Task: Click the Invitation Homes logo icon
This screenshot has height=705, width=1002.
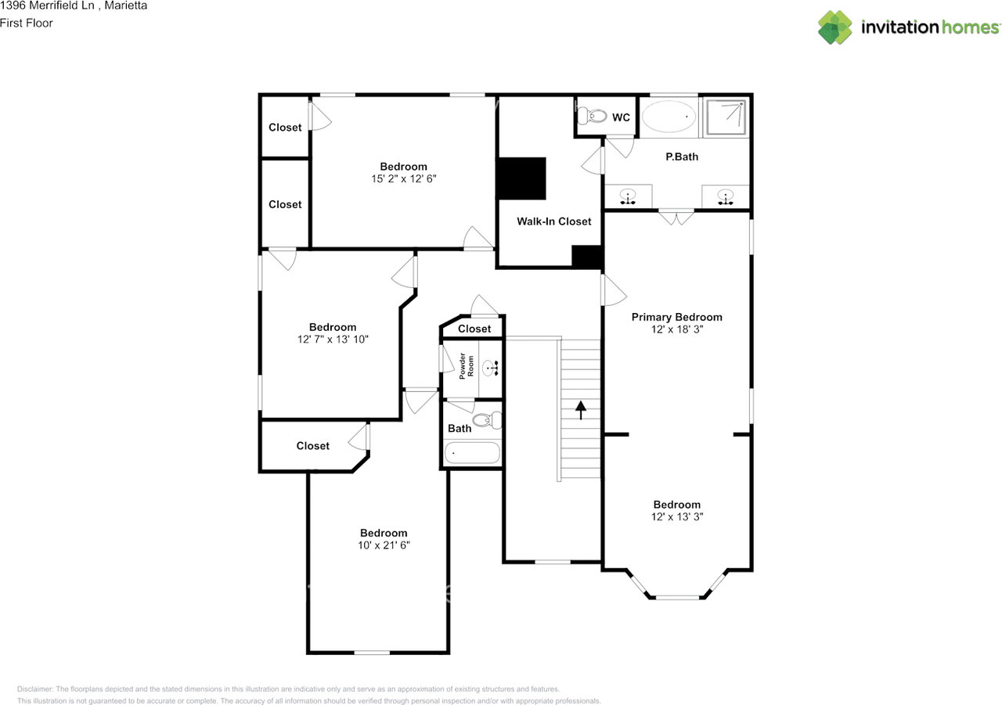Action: pos(835,27)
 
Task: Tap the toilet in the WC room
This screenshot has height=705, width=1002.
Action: pos(593,117)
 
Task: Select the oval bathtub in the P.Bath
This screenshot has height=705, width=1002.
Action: pos(669,117)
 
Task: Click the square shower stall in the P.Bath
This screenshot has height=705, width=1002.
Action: pos(726,117)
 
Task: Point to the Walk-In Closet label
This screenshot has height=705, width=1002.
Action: pos(553,221)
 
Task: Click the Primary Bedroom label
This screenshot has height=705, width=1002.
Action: pos(676,317)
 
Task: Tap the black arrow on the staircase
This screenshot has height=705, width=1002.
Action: pos(581,410)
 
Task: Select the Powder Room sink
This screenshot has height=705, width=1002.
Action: pos(491,367)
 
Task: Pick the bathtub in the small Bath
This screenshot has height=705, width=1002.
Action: pos(472,453)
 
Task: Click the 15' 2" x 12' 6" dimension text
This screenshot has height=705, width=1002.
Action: pos(403,178)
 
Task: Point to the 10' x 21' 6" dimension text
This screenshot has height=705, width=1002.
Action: pos(384,545)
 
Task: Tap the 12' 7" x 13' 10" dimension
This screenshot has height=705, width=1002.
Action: pos(332,340)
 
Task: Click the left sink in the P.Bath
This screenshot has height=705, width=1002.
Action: pos(628,196)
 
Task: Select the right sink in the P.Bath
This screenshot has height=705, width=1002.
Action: pos(725,196)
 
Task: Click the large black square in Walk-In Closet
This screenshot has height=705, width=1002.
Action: pos(522,178)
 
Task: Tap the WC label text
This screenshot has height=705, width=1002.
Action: pos(621,117)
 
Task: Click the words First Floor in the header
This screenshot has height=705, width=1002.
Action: pos(27,23)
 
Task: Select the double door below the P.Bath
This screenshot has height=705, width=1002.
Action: pos(676,217)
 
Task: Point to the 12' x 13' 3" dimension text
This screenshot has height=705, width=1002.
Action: pos(676,517)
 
